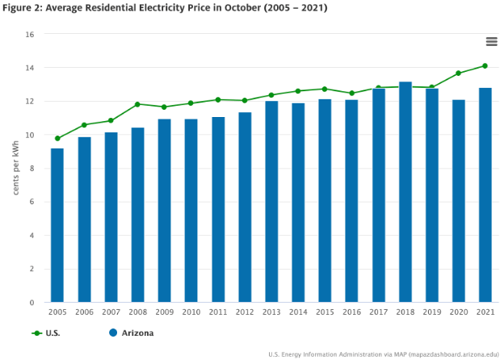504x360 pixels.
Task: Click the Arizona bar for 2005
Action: pyautogui.click(x=57, y=225)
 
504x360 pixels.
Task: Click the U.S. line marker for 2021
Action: pyautogui.click(x=485, y=66)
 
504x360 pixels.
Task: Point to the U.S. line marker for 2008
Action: pyautogui.click(x=137, y=104)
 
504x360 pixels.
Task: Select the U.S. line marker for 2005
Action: pyautogui.click(x=57, y=138)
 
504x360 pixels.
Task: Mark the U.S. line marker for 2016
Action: pyautogui.click(x=351, y=93)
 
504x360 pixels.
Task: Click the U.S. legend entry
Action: pyautogui.click(x=47, y=333)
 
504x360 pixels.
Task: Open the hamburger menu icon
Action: pyautogui.click(x=491, y=42)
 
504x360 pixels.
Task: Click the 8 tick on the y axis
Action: pyautogui.click(x=31, y=169)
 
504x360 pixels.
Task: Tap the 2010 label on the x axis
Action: pyautogui.click(x=191, y=312)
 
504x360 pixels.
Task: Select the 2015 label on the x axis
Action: pyautogui.click(x=325, y=312)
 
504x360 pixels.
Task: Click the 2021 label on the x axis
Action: pyautogui.click(x=485, y=312)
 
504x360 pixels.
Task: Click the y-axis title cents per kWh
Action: pyautogui.click(x=15, y=168)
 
